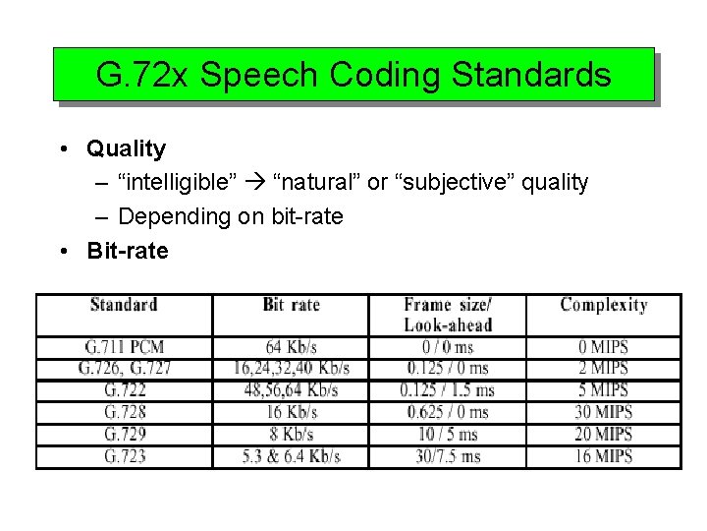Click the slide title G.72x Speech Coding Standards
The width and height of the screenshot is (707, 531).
pyautogui.click(x=353, y=75)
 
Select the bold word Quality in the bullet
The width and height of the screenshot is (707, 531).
pyautogui.click(x=126, y=149)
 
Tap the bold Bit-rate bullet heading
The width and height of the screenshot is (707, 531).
pyautogui.click(x=128, y=251)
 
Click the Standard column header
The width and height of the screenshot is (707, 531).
pyautogui.click(x=124, y=305)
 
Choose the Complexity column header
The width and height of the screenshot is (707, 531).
pyautogui.click(x=603, y=305)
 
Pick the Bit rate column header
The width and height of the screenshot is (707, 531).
pyautogui.click(x=291, y=305)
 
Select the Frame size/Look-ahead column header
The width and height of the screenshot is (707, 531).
pyautogui.click(x=447, y=315)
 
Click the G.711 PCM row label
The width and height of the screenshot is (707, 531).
pyautogui.click(x=124, y=347)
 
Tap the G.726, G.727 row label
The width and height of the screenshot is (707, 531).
pyautogui.click(x=124, y=369)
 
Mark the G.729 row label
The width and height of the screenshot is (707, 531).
pyautogui.click(x=124, y=434)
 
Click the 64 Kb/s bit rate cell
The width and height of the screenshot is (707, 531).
pyautogui.click(x=291, y=347)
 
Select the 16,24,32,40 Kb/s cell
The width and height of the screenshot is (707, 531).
pyautogui.click(x=291, y=369)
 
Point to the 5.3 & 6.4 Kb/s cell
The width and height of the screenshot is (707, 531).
pyautogui.click(x=291, y=456)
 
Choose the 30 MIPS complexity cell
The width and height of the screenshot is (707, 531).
pyautogui.click(x=603, y=412)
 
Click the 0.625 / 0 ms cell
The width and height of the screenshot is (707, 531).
pyautogui.click(x=447, y=412)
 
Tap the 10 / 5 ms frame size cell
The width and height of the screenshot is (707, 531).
pyautogui.click(x=447, y=434)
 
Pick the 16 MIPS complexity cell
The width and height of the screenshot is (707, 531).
pyautogui.click(x=603, y=456)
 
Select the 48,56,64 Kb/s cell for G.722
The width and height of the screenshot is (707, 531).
pyautogui.click(x=291, y=390)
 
